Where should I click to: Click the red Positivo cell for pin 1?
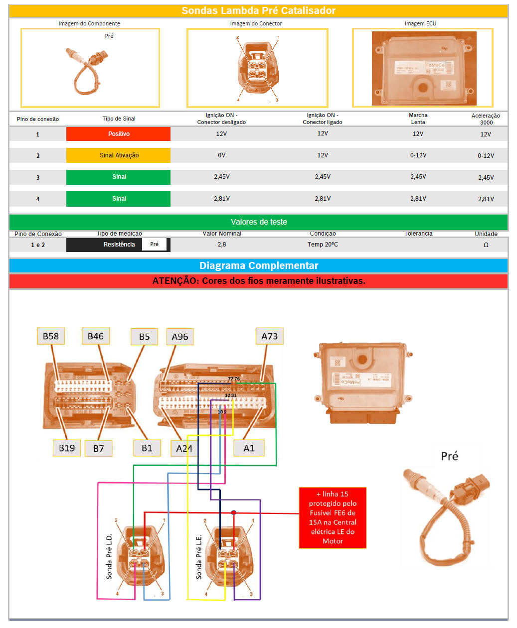118,134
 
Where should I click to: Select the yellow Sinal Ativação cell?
118,155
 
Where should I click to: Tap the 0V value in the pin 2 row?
221,155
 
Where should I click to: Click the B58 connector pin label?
51,336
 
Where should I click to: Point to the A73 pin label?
269,336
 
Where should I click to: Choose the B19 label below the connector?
67,448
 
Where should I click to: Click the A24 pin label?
184,449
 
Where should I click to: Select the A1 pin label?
249,448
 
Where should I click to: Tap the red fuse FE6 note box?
333,517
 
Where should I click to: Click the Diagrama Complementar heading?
258,265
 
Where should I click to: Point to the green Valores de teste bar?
258,222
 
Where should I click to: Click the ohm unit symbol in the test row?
486,245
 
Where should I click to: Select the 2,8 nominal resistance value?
221,245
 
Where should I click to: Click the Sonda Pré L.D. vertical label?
109,557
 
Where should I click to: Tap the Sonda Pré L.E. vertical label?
198,557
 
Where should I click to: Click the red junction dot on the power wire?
233,512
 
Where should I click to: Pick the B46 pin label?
95,336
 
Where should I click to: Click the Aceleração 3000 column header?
486,119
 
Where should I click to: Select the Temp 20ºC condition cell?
323,245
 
